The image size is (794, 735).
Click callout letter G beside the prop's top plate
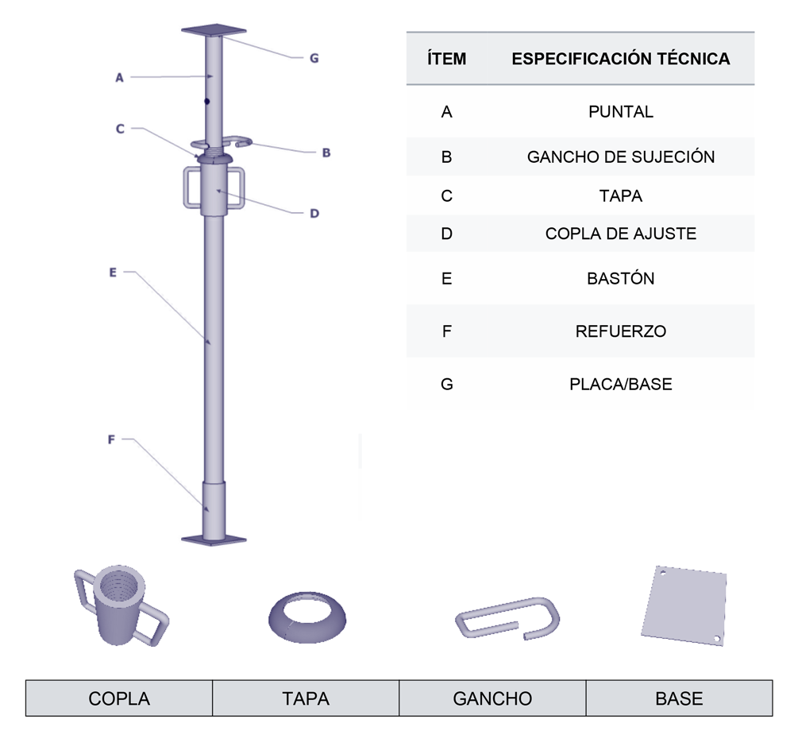click(314, 58)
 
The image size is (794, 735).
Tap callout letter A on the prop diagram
click(120, 78)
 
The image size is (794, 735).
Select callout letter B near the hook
click(326, 153)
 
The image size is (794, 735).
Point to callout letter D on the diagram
click(314, 214)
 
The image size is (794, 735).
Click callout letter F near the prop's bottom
click(111, 439)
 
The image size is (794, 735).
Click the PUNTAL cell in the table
click(620, 111)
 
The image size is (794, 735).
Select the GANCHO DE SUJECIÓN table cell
click(621, 157)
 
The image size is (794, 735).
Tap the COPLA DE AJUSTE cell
click(621, 234)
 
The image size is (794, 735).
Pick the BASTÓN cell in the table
click(621, 278)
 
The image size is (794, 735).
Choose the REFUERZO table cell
click(621, 331)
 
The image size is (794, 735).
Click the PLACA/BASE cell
click(621, 385)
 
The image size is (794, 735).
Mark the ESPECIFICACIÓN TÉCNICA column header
click(621, 59)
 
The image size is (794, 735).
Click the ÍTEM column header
click(446, 59)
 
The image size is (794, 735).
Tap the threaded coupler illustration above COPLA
click(121, 605)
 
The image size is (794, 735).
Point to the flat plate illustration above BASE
click(684, 605)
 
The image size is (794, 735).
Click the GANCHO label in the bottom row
click(492, 698)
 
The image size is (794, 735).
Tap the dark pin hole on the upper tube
click(206, 102)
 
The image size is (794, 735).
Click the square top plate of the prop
click(214, 30)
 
